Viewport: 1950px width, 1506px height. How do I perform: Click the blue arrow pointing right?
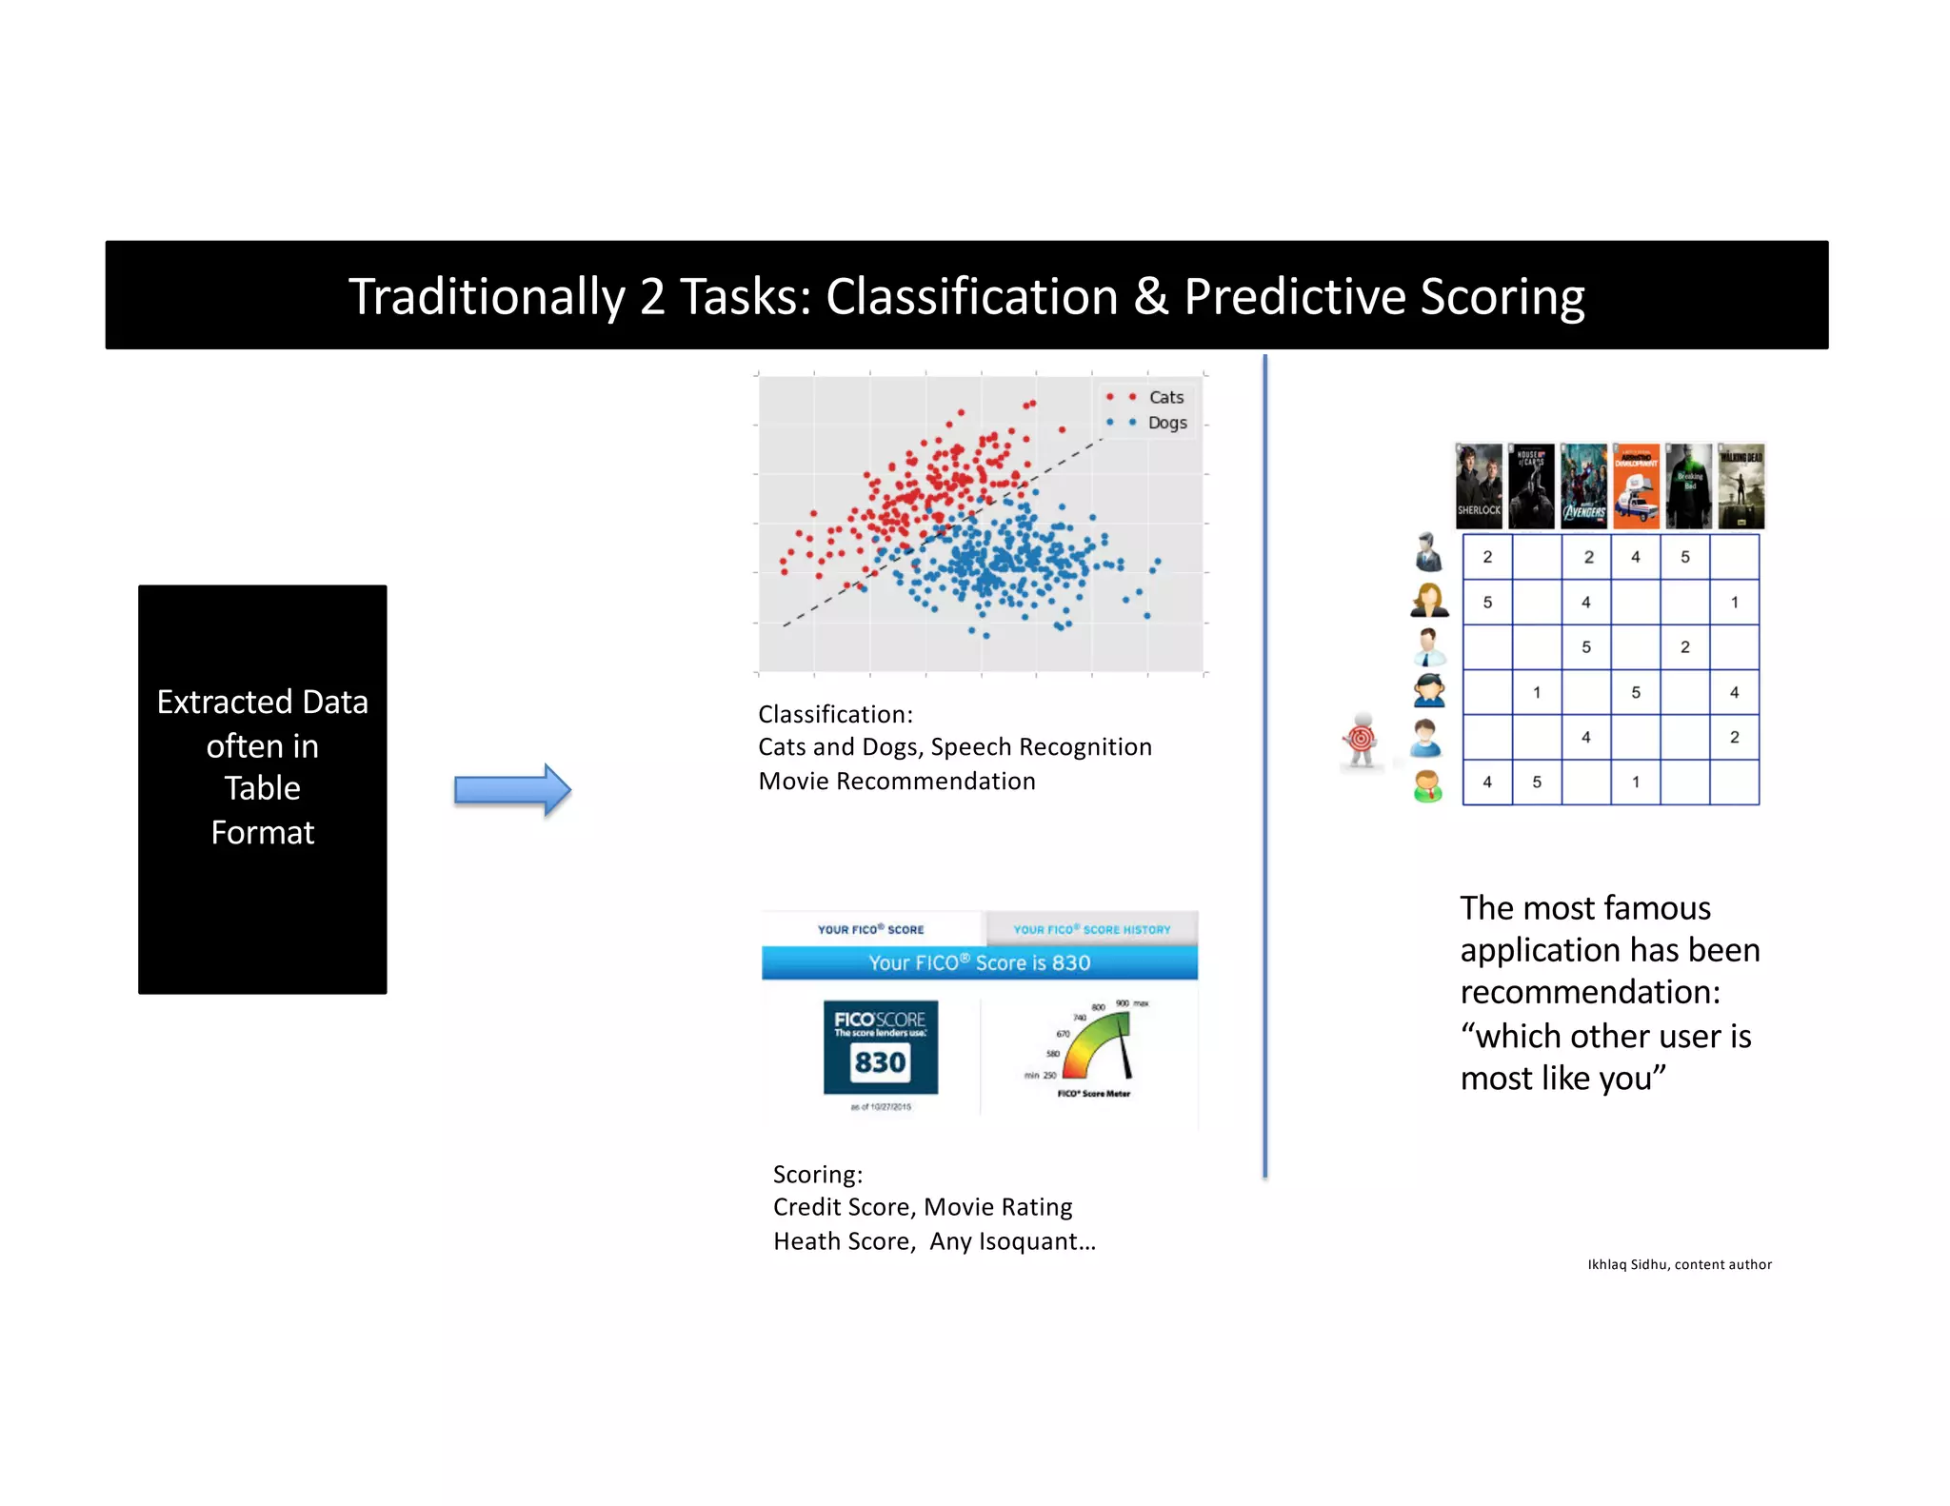click(x=512, y=789)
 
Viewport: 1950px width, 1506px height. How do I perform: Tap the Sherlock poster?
click(x=1479, y=486)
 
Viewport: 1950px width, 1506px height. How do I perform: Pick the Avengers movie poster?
click(x=1584, y=486)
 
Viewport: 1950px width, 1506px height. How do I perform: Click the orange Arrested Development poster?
click(x=1637, y=486)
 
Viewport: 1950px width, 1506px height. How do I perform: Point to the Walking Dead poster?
click(x=1741, y=486)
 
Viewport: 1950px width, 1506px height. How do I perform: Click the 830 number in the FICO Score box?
click(x=880, y=1062)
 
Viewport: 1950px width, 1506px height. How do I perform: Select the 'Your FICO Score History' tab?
click(x=1091, y=929)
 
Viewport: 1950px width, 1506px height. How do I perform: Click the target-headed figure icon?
click(x=1362, y=740)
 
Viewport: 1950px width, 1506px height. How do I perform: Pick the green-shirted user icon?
click(x=1427, y=785)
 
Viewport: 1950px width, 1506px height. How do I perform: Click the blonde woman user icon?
click(x=1428, y=601)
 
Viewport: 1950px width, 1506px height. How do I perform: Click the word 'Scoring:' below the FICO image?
click(x=818, y=1175)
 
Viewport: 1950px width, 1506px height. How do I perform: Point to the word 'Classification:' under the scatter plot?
click(x=835, y=714)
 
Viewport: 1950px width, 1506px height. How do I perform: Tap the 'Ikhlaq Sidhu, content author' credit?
click(x=1679, y=1264)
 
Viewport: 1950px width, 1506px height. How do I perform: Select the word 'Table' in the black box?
click(x=262, y=788)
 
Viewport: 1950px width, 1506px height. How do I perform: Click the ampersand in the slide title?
click(x=1150, y=297)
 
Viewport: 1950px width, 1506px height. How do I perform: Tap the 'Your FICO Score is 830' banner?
click(x=979, y=962)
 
